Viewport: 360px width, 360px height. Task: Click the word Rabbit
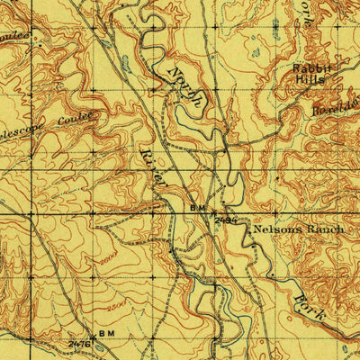[x=310, y=68]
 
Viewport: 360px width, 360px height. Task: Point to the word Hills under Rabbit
[x=310, y=79]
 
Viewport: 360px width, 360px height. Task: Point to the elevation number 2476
[x=80, y=343]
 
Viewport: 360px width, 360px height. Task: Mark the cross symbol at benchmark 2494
[x=214, y=213]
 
